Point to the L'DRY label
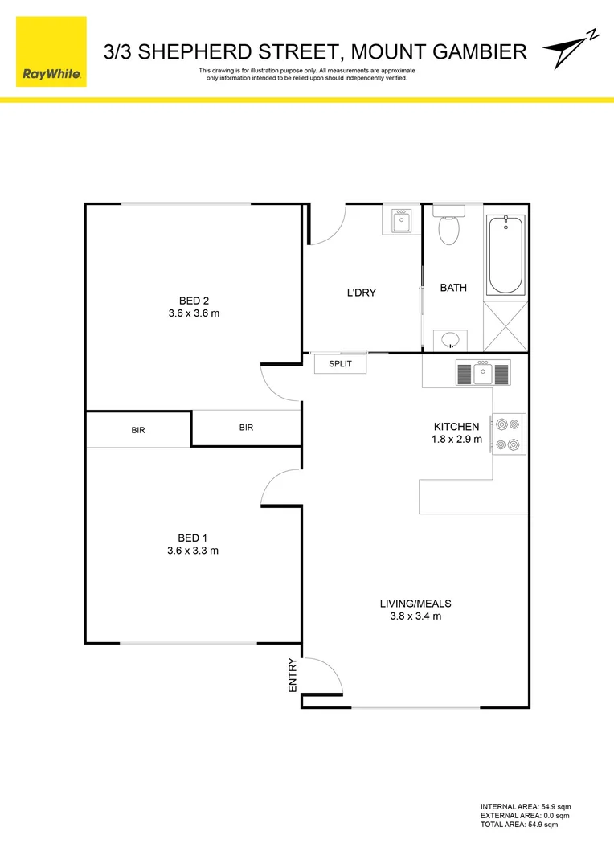click(362, 293)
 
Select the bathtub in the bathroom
click(506, 254)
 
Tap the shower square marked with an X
click(506, 325)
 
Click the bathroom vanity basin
click(450, 340)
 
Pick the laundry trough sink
click(401, 221)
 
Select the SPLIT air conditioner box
click(340, 364)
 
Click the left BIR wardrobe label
click(138, 431)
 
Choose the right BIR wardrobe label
click(246, 428)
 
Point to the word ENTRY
click(293, 675)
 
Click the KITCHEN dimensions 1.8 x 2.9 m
click(456, 440)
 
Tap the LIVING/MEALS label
click(415, 604)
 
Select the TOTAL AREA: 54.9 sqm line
click(518, 825)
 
